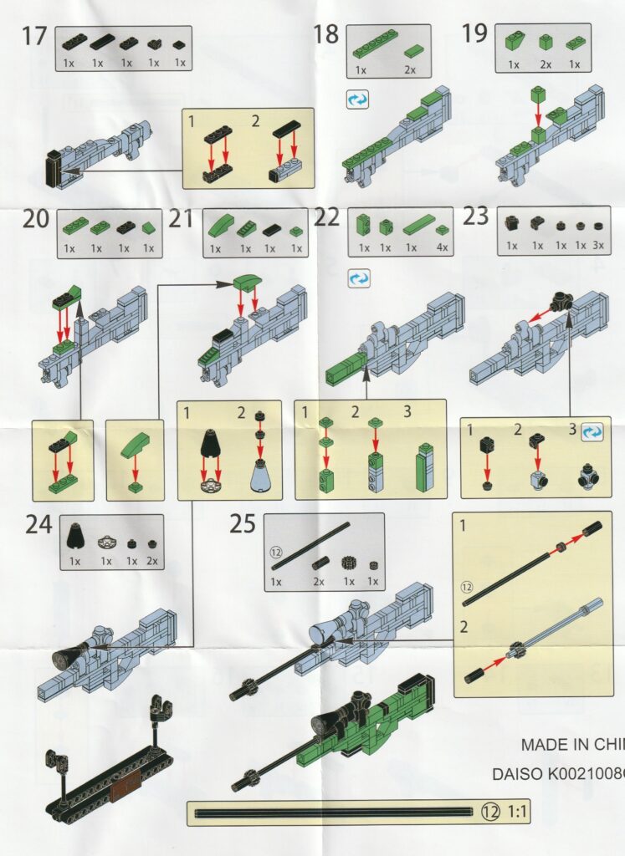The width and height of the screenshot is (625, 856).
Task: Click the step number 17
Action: [x=33, y=37]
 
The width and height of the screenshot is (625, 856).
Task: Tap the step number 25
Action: [x=243, y=523]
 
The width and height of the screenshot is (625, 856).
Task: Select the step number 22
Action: [x=326, y=217]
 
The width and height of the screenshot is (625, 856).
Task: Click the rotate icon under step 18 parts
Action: [x=357, y=100]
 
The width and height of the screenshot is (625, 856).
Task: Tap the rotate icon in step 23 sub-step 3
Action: [x=592, y=431]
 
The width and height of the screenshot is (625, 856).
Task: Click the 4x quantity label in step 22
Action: [x=442, y=247]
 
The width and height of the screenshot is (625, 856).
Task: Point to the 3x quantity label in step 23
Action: [x=598, y=246]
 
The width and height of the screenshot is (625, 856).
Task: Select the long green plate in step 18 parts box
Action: [x=376, y=43]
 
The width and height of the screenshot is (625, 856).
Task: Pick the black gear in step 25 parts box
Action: [x=348, y=564]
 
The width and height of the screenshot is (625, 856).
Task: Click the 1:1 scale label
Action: [x=517, y=812]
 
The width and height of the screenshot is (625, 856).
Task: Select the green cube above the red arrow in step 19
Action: [x=539, y=96]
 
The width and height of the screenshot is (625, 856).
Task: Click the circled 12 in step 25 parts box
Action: [x=276, y=553]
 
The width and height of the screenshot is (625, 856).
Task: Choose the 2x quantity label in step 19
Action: [x=546, y=64]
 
